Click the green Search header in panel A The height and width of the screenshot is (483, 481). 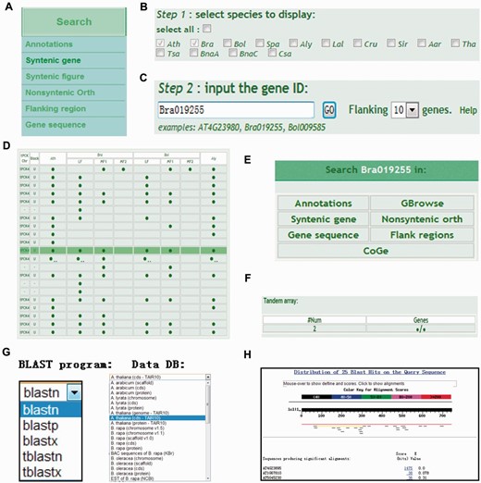tap(74, 21)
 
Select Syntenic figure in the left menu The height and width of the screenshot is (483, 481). tap(55, 75)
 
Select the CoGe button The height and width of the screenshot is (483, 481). tap(370, 251)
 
